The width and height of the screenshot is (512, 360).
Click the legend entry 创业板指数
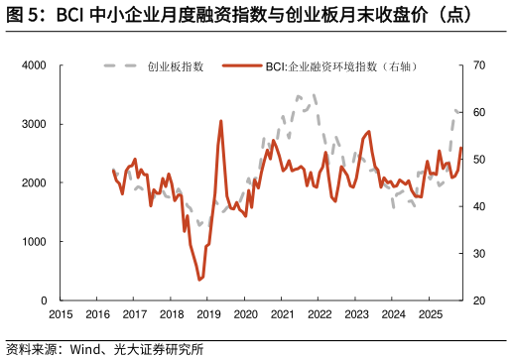pos(175,66)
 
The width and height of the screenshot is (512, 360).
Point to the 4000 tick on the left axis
pos(34,65)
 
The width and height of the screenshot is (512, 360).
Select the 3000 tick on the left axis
pos(34,124)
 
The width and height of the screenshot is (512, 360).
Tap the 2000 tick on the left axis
pos(34,182)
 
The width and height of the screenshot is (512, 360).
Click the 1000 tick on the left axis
pos(34,241)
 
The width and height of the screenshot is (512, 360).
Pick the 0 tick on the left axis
pos(43,300)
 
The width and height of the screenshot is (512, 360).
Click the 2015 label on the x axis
pos(61,314)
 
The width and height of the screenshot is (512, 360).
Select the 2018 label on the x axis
pos(172,314)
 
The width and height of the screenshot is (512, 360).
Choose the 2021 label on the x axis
pos(283,314)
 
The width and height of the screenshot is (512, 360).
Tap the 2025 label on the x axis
pos(431,314)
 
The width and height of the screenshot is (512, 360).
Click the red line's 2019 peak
pos(220,121)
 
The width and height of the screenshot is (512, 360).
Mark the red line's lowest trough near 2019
pos(199,280)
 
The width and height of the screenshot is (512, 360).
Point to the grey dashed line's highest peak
pos(299,96)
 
